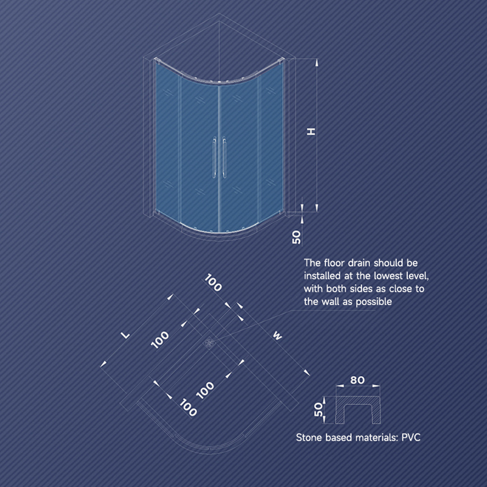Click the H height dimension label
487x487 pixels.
(311, 131)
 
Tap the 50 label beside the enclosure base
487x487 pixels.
(296, 237)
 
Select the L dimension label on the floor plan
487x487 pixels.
(125, 335)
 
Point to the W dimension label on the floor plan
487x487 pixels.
(278, 335)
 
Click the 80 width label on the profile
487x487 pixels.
(357, 380)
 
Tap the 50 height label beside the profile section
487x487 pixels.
(318, 409)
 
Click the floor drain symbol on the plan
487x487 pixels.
(209, 343)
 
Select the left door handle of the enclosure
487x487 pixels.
(214, 158)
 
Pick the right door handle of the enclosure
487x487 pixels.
(224, 158)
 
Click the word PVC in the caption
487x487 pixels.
(411, 437)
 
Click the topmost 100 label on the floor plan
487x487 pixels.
(213, 282)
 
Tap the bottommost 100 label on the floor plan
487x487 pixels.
(188, 407)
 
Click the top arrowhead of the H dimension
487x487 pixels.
(317, 63)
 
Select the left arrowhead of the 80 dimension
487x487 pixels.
(340, 386)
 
